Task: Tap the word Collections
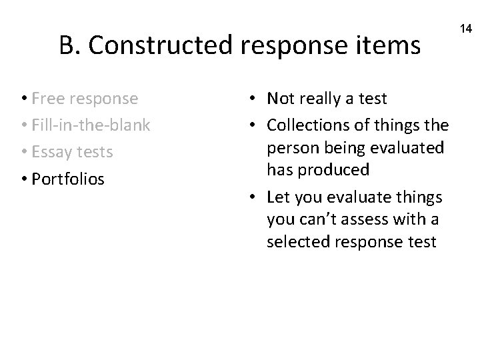pyautogui.click(x=309, y=125)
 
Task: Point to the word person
pyautogui.click(x=290, y=147)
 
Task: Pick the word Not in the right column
pyautogui.click(x=280, y=99)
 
